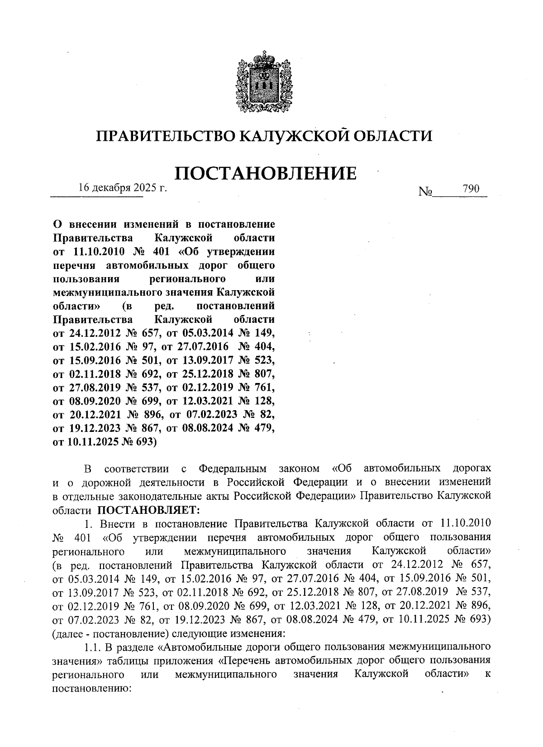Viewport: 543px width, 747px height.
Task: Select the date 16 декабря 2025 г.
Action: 123,187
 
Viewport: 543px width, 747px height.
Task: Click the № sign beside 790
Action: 426,192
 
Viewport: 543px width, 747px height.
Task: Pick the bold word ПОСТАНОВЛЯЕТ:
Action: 148,510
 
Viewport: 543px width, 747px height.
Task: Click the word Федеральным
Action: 233,468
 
